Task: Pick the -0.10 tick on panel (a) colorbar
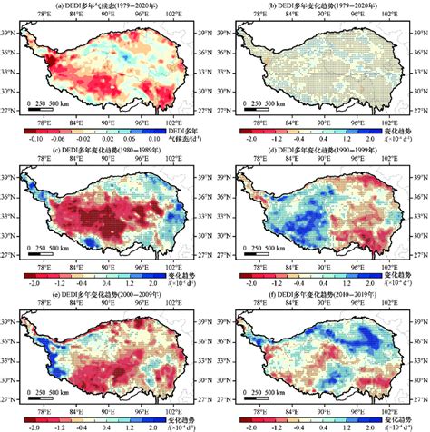35,138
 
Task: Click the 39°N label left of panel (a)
8,32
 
